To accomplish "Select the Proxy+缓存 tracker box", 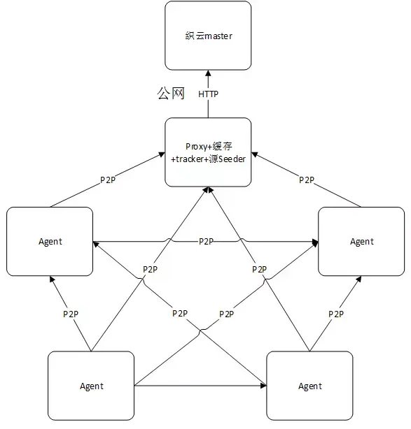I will point(207,152).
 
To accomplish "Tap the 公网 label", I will point(170,94).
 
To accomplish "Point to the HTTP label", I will point(209,94).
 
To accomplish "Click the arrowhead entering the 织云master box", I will point(207,72).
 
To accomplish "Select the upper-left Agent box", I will point(49,241).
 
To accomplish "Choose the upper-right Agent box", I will point(361,241).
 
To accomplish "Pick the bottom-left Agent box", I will point(91,386).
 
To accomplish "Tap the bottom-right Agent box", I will point(309,386).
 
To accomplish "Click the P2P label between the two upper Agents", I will point(206,241).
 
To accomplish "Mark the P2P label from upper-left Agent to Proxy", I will point(108,180).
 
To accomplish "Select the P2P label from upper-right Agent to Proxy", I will point(306,180).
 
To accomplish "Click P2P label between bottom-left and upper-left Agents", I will point(70,314).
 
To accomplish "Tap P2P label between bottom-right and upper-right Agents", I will point(336,314).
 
